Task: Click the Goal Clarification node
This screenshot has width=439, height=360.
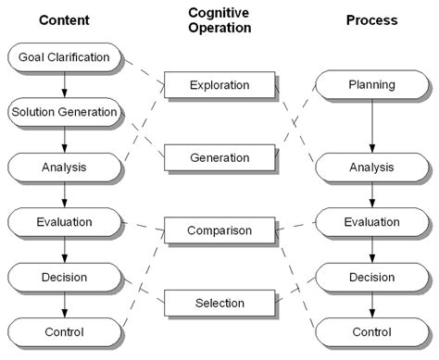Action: tap(64, 57)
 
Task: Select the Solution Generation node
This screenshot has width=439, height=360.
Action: tap(64, 112)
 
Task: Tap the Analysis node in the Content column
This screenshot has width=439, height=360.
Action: tap(64, 168)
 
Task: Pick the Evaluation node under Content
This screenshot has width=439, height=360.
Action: tap(64, 222)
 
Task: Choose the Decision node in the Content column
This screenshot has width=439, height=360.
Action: tap(64, 277)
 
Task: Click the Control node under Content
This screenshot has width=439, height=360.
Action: tap(64, 331)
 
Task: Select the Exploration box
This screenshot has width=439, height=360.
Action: tap(219, 85)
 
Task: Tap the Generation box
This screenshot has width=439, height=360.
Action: tap(219, 157)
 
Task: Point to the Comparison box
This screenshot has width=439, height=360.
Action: tap(219, 230)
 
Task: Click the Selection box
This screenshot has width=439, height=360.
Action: tap(219, 303)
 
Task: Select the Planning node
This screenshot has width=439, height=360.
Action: tap(371, 85)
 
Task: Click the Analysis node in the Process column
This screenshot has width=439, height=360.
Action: tap(371, 168)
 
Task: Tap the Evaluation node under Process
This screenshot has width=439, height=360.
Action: tap(371, 222)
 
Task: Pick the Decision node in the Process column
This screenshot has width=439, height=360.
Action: tap(371, 277)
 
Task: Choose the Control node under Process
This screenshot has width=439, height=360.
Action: tap(371, 331)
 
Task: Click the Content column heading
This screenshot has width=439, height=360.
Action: tap(64, 19)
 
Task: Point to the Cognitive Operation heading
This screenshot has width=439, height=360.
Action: tap(219, 19)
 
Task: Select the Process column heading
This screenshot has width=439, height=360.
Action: tap(371, 19)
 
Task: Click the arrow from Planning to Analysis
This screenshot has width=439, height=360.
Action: tap(371, 126)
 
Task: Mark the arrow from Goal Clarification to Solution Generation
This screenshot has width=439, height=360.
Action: tap(64, 84)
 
